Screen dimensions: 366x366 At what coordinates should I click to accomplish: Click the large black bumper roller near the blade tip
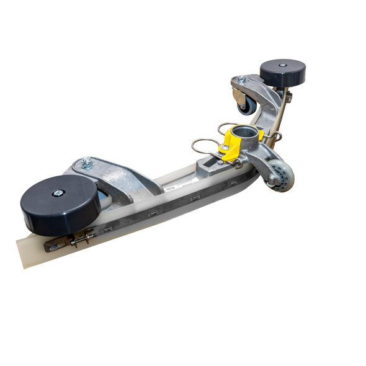point(59,205)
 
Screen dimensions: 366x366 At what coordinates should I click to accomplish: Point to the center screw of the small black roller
point(282,65)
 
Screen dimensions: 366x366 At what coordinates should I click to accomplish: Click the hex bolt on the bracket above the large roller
point(87,163)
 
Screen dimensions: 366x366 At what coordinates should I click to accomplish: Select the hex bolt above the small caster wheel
point(241,79)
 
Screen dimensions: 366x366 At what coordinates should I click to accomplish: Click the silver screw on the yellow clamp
point(225,147)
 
